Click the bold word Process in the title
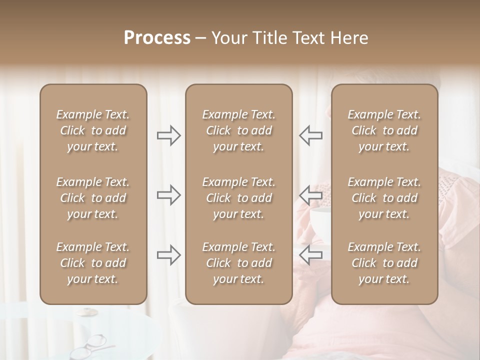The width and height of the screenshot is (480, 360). click(157, 38)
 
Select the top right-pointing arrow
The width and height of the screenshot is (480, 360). click(169, 135)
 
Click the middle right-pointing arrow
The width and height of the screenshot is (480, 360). click(169, 195)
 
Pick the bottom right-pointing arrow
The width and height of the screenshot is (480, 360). click(169, 255)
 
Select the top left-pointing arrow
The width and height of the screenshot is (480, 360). click(310, 135)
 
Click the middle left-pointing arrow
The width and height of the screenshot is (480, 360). click(310, 195)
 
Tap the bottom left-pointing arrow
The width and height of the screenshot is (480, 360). click(310, 255)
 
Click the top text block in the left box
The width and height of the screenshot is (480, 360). click(93, 130)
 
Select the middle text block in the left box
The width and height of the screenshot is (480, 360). click(93, 198)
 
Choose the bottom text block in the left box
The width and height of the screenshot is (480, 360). click(93, 263)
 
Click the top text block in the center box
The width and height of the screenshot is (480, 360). click(238, 130)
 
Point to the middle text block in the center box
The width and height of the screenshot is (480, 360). click(238, 198)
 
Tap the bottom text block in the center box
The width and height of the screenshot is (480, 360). click(238, 263)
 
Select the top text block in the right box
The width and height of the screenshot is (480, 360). click(384, 130)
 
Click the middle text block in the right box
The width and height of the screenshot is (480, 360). click(384, 198)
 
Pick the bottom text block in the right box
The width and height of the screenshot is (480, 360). click(384, 263)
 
